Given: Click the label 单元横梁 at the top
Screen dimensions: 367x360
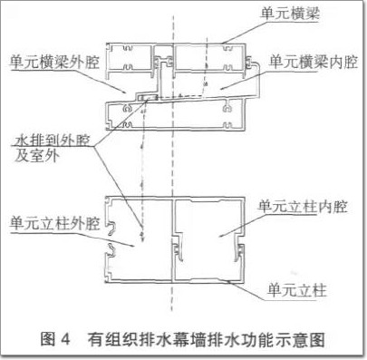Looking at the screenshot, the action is [289, 14].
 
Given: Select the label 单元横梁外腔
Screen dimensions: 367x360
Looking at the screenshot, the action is [54, 63].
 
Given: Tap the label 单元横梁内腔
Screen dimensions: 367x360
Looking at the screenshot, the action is [314, 62].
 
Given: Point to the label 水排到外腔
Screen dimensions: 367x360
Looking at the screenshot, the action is [53, 141].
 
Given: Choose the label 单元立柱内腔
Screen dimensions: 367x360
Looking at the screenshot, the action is [303, 207].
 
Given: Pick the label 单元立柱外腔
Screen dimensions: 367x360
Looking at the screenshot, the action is [54, 223].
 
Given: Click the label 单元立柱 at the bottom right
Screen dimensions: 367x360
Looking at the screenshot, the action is [297, 290].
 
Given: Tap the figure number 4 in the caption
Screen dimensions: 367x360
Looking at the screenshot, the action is [64, 339].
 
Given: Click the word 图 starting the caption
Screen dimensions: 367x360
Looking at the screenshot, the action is [48, 339].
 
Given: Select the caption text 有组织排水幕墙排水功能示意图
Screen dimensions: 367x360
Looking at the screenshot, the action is [207, 339].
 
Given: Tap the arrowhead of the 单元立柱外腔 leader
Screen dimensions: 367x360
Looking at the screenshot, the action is [132, 246].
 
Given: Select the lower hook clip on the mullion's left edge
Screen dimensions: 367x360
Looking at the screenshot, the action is [111, 250].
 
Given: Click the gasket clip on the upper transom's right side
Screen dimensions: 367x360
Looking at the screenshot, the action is [248, 63].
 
